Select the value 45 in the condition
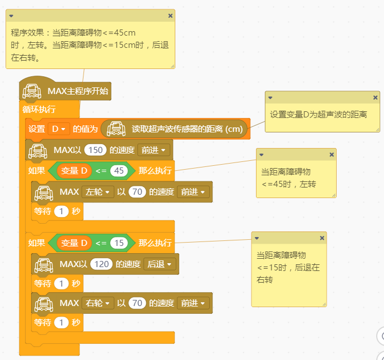pos(118,171)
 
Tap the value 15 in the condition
pos(118,243)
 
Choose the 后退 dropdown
pos(160,264)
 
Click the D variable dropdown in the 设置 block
pos(58,129)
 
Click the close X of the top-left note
pos(170,16)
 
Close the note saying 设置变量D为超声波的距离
pos(375,98)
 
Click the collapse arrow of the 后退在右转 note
pos(257,238)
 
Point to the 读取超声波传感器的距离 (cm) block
pos(175,129)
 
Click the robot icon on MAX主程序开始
pos(31,91)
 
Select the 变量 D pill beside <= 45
pos(74,171)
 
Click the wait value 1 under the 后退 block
pos(62,284)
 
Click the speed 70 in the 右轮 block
pos(136,303)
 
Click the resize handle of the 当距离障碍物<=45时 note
pos(333,194)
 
